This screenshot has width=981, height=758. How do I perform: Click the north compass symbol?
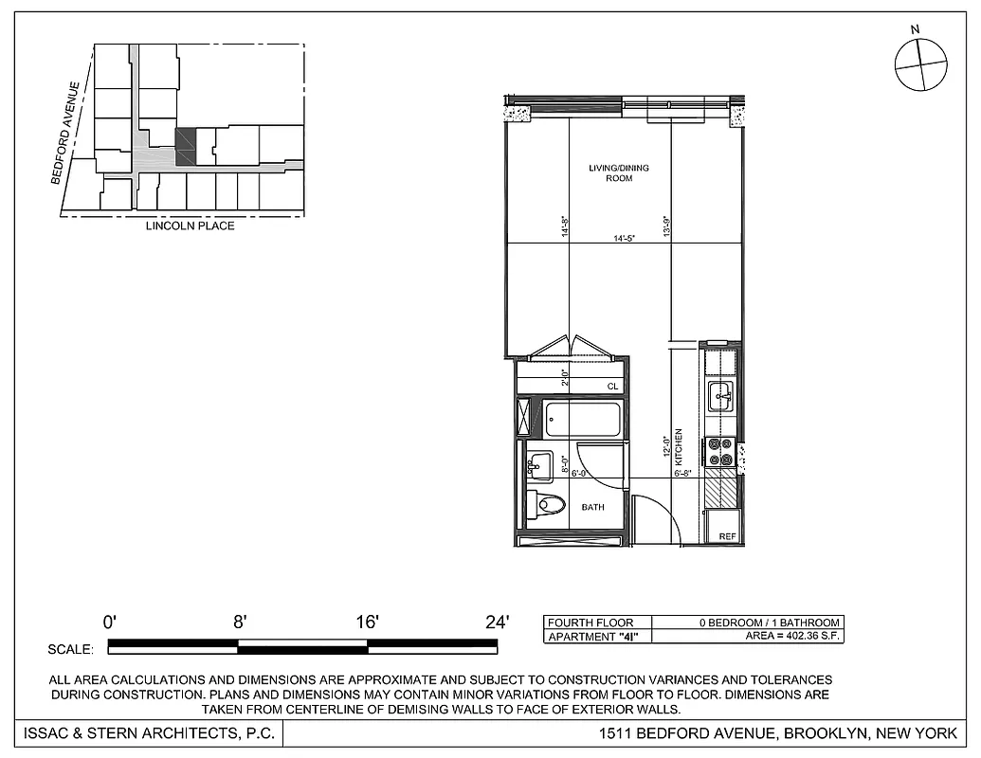point(920,65)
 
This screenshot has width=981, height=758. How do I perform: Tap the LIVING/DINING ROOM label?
point(619,172)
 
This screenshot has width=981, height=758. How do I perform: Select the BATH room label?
point(592,507)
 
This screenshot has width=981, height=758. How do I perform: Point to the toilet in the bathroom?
point(548,503)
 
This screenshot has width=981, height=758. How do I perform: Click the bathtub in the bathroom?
point(582,419)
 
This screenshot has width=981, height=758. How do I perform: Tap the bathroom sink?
point(540,465)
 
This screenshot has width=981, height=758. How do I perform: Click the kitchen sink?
point(720,396)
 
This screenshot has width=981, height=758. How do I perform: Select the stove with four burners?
point(720,452)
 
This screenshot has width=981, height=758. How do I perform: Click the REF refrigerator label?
point(727,536)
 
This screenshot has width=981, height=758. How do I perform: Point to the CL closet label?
point(612,386)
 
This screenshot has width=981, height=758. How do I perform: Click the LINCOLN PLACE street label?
point(190,226)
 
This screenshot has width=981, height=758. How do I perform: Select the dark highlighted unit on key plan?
point(185,147)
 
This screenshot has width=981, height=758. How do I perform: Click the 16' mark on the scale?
point(368,623)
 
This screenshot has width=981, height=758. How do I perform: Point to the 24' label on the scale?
point(497,623)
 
